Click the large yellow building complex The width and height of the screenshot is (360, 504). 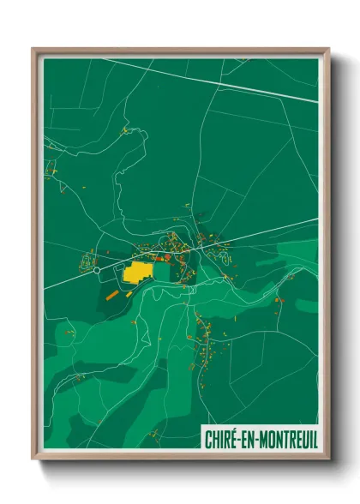point(137,273)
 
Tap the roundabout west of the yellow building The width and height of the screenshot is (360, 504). point(97,269)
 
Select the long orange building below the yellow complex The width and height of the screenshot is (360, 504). point(112,294)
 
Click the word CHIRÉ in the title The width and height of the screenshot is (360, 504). point(221,439)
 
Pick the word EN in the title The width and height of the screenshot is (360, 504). point(249,439)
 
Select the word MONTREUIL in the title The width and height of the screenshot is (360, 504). point(289,439)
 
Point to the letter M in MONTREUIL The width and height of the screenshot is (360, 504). point(264,439)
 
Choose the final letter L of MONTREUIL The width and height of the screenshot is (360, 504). point(315,439)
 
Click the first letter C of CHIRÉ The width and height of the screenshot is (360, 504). point(208,439)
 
